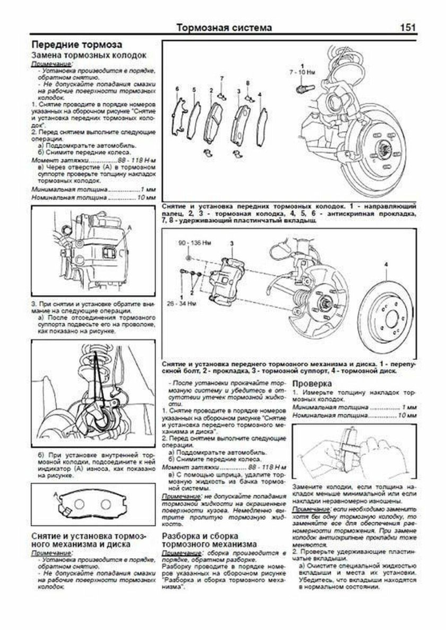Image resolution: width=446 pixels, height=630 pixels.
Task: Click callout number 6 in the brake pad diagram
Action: pos(178,88)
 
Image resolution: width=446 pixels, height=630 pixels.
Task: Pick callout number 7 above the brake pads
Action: pos(222,79)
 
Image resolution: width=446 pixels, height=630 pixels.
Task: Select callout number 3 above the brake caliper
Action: pos(231,243)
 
